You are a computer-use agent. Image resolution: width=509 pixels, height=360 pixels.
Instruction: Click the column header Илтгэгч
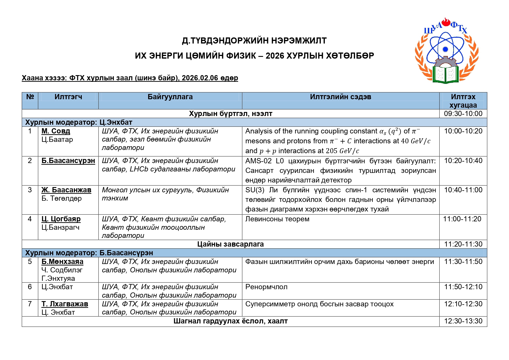[68, 97]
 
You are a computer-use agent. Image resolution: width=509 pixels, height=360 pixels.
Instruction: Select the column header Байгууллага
[170, 97]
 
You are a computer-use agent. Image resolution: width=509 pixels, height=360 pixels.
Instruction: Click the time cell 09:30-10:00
[463, 114]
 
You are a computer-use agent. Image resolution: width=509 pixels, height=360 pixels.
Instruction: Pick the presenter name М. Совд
[56, 131]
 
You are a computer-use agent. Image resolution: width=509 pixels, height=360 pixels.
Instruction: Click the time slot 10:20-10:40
[463, 161]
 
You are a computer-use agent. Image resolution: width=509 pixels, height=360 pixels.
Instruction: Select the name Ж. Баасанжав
[66, 190]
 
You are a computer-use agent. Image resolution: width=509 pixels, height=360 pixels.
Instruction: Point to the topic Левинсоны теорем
[277, 219]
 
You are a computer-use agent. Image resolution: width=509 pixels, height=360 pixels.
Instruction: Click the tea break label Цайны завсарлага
[230, 244]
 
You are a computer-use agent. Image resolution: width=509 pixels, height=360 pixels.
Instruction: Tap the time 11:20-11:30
[463, 244]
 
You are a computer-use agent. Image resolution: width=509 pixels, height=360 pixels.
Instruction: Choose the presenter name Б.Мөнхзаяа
[62, 262]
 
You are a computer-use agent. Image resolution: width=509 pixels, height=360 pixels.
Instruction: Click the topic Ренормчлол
[266, 287]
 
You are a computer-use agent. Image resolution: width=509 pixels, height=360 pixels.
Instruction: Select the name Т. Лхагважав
[65, 304]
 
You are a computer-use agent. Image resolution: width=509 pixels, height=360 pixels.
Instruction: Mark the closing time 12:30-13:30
[463, 321]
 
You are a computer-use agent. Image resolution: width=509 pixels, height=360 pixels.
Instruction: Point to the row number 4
[30, 219]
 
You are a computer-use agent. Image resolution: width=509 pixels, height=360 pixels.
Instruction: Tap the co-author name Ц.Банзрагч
[60, 227]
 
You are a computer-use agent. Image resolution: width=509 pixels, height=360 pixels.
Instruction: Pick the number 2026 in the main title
[275, 56]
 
